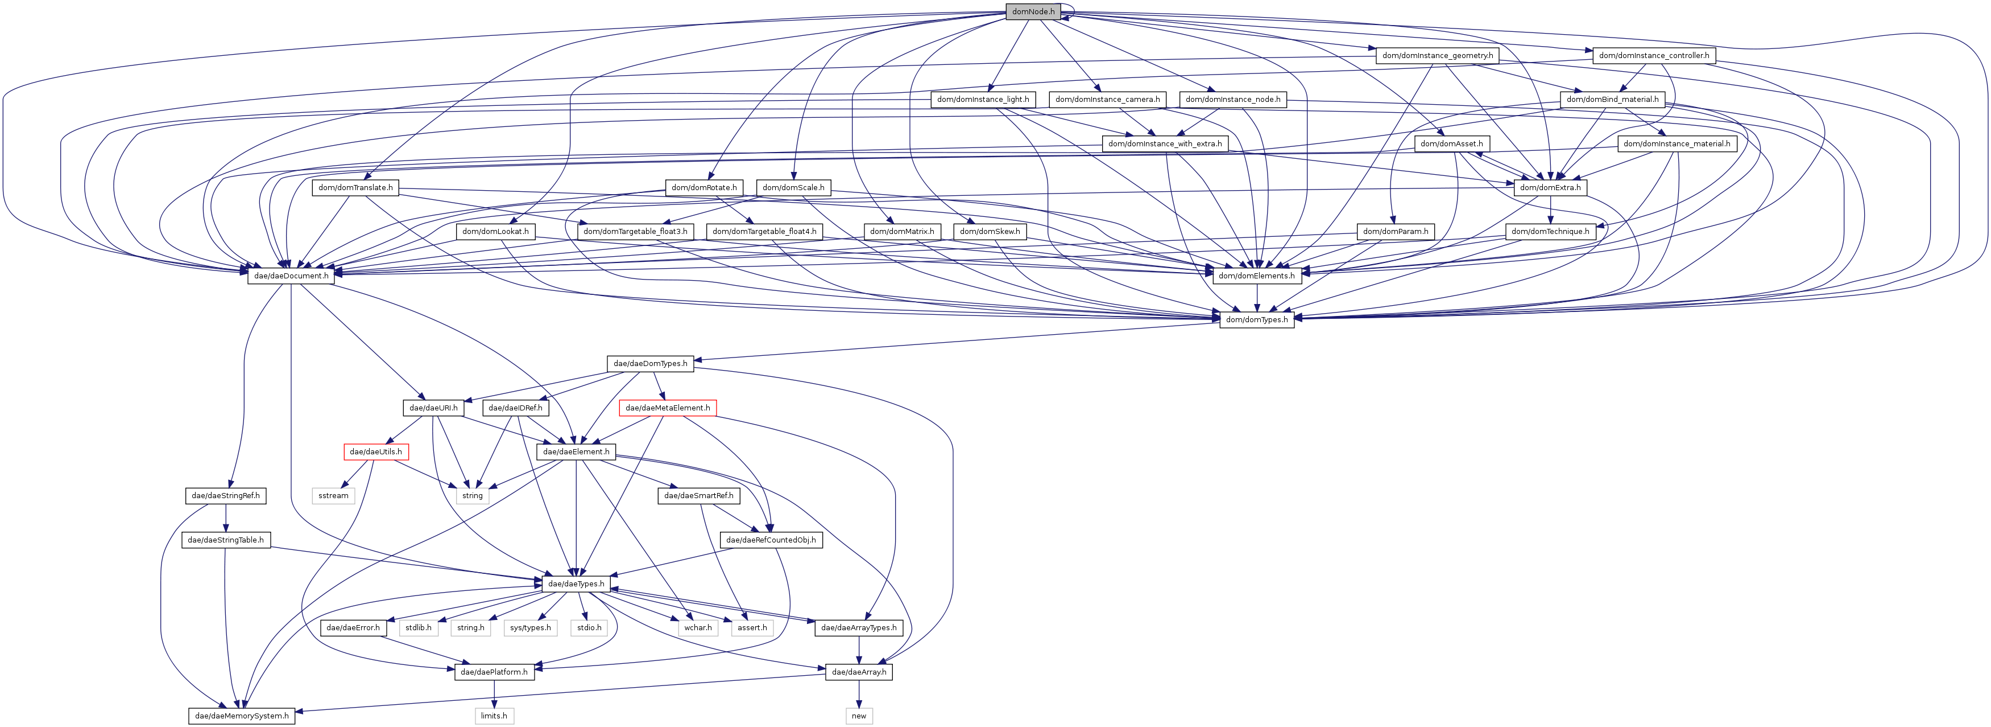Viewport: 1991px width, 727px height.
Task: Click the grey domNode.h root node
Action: pos(1033,11)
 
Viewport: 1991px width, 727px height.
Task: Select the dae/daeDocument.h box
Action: pos(291,276)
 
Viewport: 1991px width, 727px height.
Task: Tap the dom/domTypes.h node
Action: pos(1257,319)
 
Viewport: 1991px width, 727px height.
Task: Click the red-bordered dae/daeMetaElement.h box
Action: pos(668,408)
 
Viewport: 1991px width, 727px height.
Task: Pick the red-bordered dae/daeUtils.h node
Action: pos(376,451)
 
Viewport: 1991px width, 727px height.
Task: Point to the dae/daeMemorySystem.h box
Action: pos(242,716)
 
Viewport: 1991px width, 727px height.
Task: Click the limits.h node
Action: pos(494,716)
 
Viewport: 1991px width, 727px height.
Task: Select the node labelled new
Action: pos(859,716)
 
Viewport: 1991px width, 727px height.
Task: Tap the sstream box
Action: pos(333,496)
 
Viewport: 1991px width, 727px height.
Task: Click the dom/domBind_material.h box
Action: pos(1612,100)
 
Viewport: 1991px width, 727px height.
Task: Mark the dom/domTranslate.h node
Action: pos(355,188)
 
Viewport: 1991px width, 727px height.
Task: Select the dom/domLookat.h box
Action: pos(495,232)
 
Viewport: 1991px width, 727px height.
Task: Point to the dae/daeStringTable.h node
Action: pos(226,540)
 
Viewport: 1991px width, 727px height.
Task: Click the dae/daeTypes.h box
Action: pos(576,584)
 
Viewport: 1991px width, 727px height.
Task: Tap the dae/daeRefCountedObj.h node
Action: pos(771,540)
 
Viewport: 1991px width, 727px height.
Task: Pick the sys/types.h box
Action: pos(530,628)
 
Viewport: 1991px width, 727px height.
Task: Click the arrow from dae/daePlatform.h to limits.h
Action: pos(494,694)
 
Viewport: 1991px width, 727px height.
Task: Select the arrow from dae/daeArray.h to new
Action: pos(859,694)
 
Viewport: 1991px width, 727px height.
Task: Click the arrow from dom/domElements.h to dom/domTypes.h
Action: pos(1257,298)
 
